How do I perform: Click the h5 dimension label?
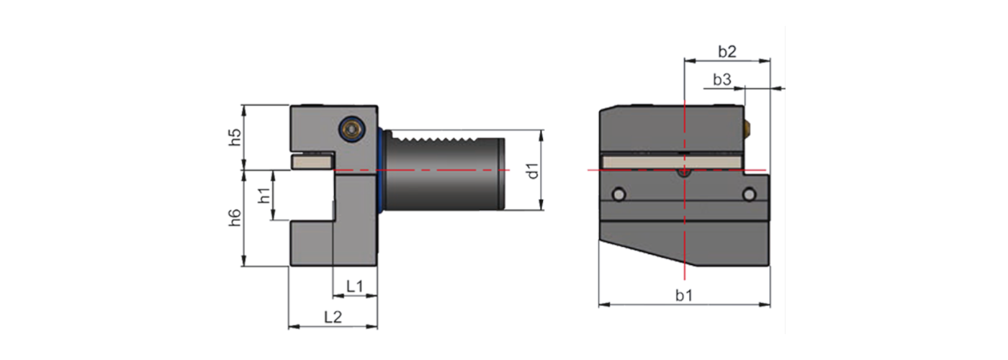pos(234,137)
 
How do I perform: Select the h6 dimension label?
pos(234,218)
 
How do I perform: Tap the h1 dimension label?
pos(264,194)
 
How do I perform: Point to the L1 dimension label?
pos(354,286)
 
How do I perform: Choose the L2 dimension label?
pos(332,317)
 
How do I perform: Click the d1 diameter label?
pos(532,171)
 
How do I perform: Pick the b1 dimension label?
pos(683,295)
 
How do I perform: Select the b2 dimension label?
pos(726,51)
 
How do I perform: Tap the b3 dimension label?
pos(722,80)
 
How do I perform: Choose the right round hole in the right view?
pos(750,194)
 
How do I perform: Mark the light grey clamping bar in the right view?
pos(648,162)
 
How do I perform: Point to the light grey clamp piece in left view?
pos(312,161)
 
